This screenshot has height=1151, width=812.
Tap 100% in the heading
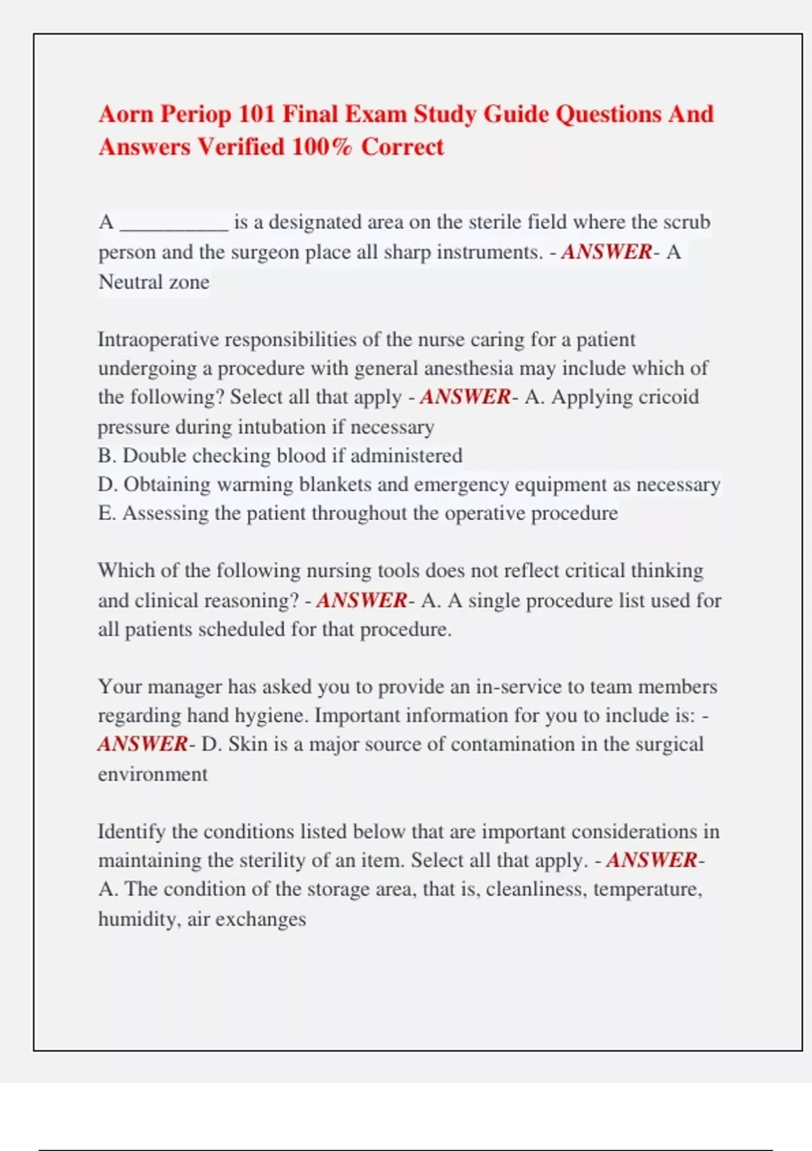322,147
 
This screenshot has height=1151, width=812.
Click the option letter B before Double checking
106,456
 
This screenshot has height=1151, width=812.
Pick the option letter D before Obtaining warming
106,485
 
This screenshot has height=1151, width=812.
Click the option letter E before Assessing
106,513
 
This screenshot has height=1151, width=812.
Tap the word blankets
335,485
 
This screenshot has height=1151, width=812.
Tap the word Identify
132,831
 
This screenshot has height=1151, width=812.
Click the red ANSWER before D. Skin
143,744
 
